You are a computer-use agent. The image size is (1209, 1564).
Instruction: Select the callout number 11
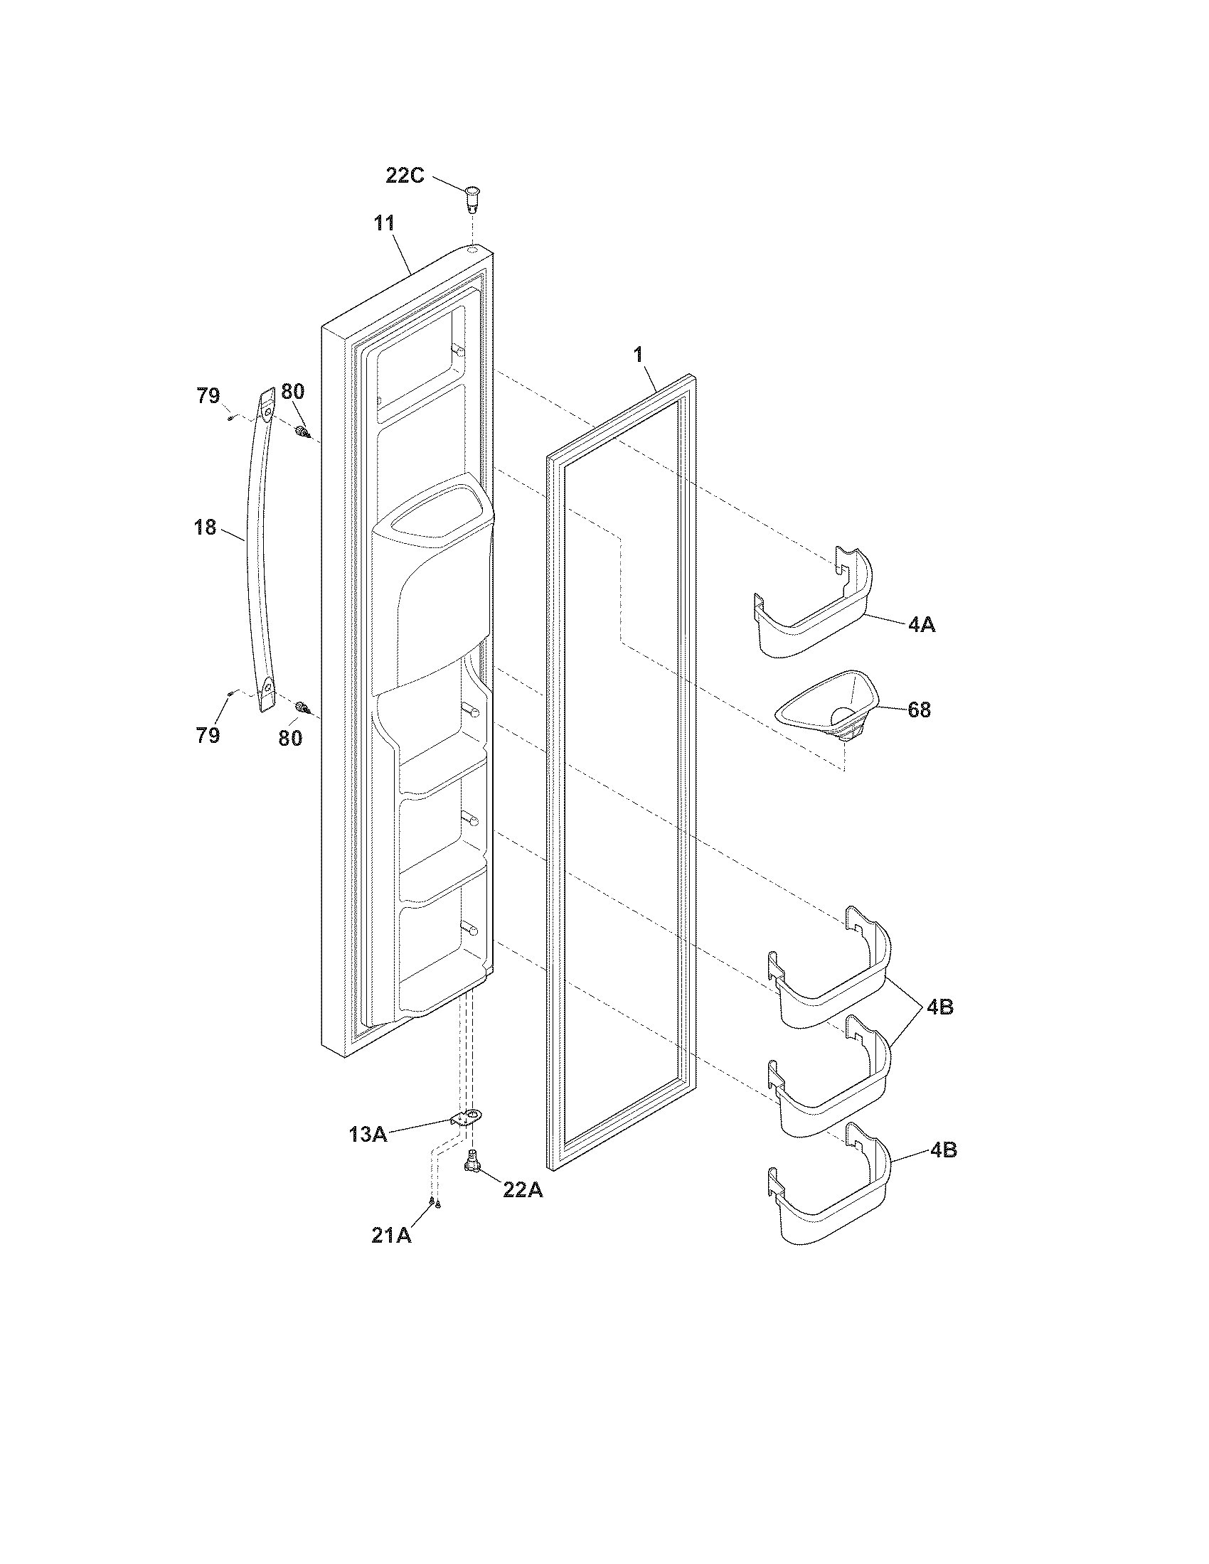coord(384,223)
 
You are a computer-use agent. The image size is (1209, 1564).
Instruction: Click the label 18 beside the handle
coord(206,527)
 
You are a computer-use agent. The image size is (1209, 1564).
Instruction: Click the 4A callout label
coord(921,624)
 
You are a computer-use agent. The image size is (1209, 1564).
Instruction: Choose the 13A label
coord(368,1134)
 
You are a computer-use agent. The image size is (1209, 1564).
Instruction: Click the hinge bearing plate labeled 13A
coord(468,1117)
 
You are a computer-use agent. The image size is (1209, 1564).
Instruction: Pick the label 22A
coord(523,1189)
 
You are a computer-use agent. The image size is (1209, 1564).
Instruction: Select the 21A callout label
coord(391,1236)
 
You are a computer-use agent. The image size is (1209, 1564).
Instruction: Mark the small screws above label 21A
coord(434,1203)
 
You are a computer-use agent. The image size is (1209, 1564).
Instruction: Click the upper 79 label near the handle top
coord(208,396)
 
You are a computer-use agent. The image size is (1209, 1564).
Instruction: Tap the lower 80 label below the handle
coord(290,738)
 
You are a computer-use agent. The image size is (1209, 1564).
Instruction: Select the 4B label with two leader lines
coord(939,1006)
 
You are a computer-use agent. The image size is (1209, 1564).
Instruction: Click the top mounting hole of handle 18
coord(269,412)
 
